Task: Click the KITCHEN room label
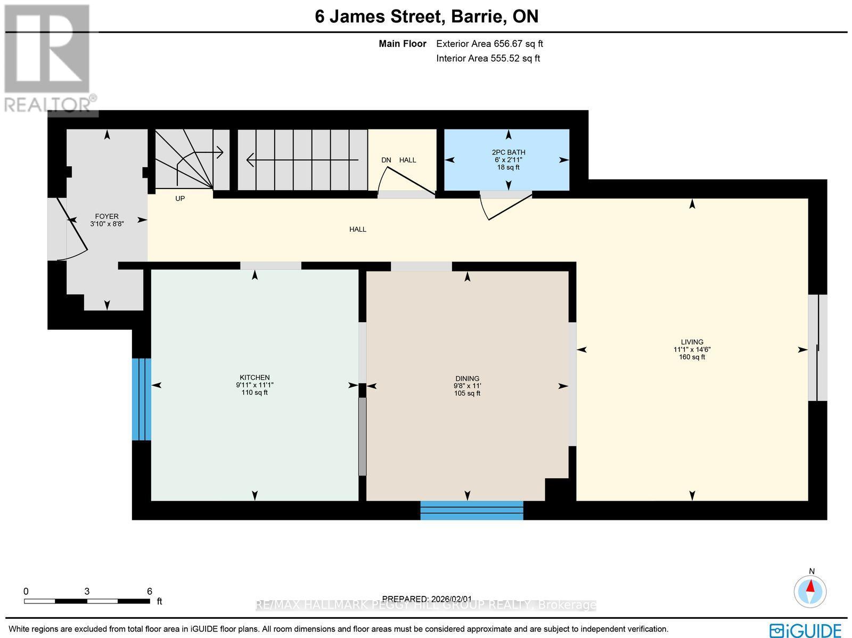(x=255, y=378)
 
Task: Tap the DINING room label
(x=467, y=379)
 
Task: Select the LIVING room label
(x=692, y=342)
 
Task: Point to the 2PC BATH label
(x=508, y=152)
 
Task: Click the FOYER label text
(x=106, y=216)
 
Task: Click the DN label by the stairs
(x=386, y=160)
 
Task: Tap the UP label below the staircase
(x=180, y=199)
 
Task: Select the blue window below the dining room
(x=472, y=510)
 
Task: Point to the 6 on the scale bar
(x=150, y=591)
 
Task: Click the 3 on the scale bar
(x=86, y=591)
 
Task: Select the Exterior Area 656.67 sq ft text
(x=489, y=44)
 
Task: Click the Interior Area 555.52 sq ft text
(x=488, y=59)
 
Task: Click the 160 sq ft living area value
(x=692, y=357)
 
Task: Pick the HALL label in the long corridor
(x=357, y=230)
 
